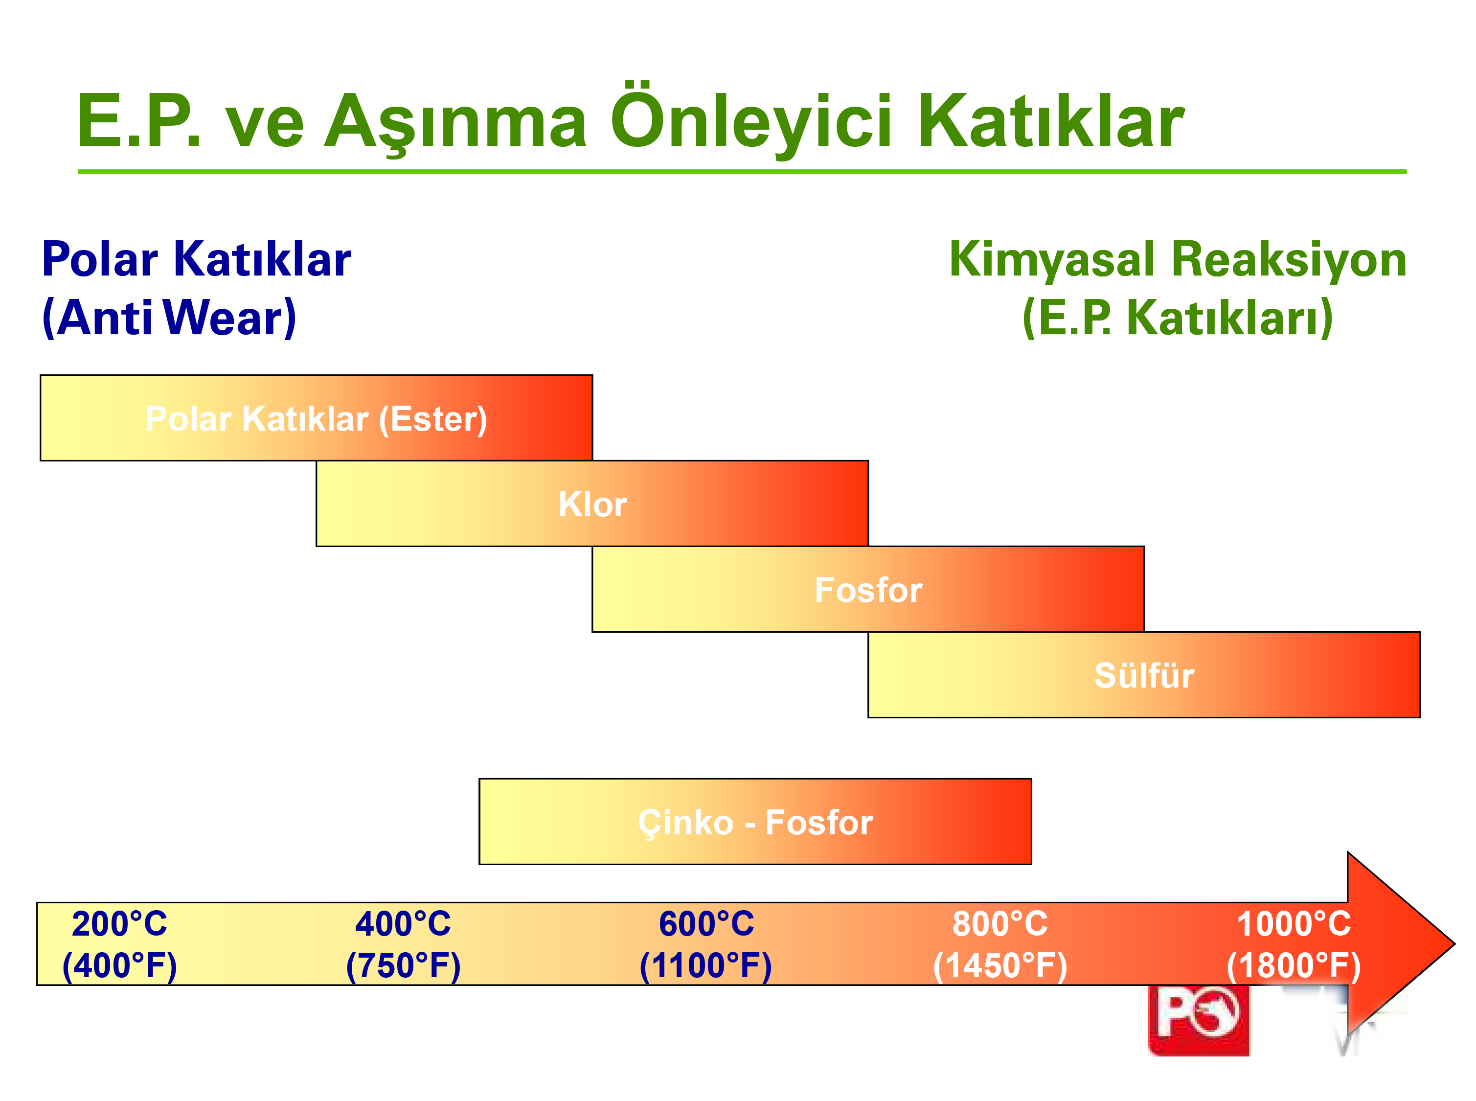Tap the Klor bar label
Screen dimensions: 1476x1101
[592, 504]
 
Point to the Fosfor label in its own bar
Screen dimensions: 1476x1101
[868, 590]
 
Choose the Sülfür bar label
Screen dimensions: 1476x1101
[1144, 675]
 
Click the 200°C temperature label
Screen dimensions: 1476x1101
[119, 924]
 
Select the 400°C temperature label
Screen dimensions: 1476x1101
[403, 924]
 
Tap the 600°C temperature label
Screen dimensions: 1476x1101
[706, 924]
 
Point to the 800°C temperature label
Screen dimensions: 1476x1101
[999, 924]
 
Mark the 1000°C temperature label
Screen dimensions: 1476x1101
[1294, 924]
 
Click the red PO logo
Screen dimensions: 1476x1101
[1198, 1020]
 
